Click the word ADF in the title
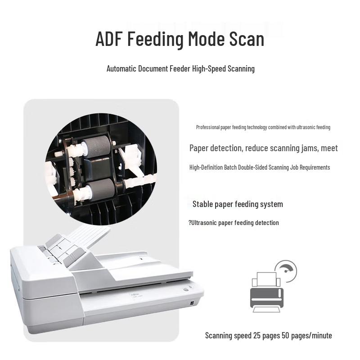[108, 39]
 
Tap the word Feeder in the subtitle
[180, 69]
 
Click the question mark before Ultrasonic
[190, 222]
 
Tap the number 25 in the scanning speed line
[257, 335]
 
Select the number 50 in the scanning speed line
[285, 335]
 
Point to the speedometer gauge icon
[286, 271]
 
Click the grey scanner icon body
[266, 298]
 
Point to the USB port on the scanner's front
[192, 303]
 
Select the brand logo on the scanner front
[133, 294]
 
